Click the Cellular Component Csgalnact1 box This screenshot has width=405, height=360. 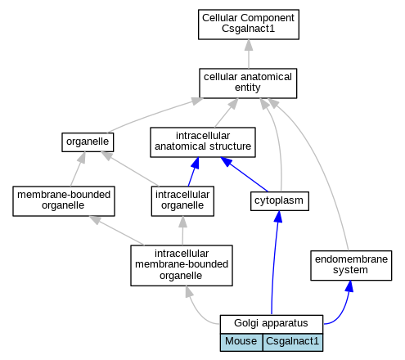click(x=249, y=25)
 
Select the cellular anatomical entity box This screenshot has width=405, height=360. click(x=248, y=83)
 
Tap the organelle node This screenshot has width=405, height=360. click(x=88, y=142)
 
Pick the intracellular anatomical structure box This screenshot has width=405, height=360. click(x=203, y=142)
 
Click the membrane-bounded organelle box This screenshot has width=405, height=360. click(x=64, y=201)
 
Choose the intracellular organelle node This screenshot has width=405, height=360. click(x=182, y=201)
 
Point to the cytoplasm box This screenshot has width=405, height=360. click(x=280, y=201)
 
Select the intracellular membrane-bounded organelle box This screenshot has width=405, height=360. click(x=182, y=265)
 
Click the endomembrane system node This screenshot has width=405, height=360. click(x=351, y=265)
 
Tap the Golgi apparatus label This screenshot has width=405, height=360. click(x=271, y=323)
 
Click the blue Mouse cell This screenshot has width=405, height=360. click(x=241, y=342)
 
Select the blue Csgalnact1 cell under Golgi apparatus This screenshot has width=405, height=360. click(x=293, y=342)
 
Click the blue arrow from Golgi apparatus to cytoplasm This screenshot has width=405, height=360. click(x=274, y=263)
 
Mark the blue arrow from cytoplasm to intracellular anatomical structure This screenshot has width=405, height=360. click(x=244, y=174)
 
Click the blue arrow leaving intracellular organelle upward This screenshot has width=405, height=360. click(x=193, y=172)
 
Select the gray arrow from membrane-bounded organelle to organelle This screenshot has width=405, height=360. click(x=78, y=169)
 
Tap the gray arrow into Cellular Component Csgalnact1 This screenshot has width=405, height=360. click(x=249, y=54)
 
